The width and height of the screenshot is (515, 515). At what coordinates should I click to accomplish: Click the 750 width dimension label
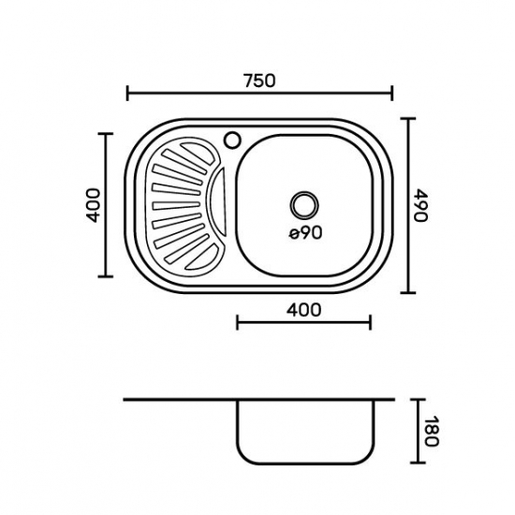pos(259,81)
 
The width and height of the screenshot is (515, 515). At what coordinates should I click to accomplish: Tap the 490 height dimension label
pos(420,205)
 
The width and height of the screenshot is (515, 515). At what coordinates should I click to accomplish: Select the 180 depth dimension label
pos(431,431)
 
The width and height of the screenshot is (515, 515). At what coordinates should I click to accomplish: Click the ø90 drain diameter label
pos(305,232)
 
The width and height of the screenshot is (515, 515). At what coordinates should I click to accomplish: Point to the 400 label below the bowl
pos(303,309)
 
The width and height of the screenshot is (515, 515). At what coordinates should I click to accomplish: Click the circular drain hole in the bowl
pos(304,205)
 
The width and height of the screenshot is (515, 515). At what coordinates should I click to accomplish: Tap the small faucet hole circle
pos(233,140)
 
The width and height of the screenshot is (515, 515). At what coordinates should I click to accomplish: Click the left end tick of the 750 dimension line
pos(127,94)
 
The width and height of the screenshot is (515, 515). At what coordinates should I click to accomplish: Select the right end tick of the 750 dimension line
pos(391,94)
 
